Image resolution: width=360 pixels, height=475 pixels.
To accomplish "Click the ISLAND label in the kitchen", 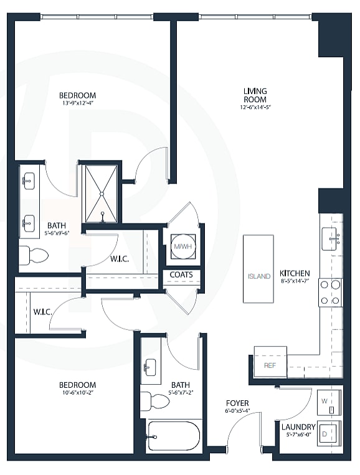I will [258, 276].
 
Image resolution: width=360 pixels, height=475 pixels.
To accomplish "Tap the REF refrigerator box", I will [270, 365].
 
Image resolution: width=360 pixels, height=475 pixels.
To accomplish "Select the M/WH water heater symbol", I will [182, 246].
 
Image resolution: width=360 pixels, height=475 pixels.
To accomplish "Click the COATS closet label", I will [181, 275].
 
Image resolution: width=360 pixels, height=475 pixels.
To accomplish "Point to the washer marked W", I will [328, 402].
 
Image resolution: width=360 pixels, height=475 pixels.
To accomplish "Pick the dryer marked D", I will [328, 433].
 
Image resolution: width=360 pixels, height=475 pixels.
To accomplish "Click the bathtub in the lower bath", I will [174, 435].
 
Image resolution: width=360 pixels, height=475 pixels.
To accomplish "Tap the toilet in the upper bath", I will [34, 255].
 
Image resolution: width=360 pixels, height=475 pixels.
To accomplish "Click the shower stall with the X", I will [100, 193].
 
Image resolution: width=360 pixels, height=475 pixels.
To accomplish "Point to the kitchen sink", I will [331, 237].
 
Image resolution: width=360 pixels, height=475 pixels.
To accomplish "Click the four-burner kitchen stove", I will [331, 292].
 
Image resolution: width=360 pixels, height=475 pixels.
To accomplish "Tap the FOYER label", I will [238, 403].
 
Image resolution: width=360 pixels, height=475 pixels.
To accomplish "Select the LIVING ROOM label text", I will [255, 95].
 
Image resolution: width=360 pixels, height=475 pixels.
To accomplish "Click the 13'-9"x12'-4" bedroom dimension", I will [78, 104].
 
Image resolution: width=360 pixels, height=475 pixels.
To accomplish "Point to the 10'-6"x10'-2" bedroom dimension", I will [78, 393].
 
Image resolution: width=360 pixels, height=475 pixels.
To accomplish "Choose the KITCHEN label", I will [295, 273].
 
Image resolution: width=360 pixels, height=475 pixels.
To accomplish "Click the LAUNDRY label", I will [298, 427].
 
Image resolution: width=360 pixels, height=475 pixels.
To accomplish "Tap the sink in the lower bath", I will [151, 366].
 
